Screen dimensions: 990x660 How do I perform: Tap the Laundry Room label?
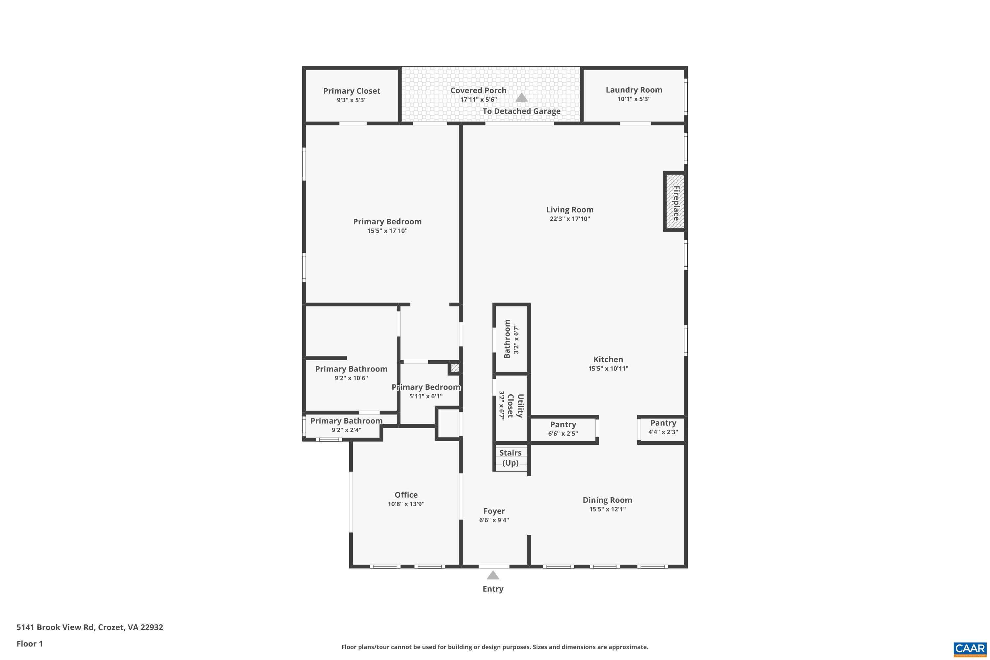[x=634, y=90]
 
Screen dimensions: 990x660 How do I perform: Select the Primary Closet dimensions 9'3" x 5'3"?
[x=351, y=100]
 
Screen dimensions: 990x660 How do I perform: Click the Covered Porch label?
[x=478, y=90]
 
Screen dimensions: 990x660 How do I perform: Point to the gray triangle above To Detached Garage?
[x=521, y=97]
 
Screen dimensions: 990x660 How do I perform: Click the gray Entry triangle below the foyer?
[x=493, y=575]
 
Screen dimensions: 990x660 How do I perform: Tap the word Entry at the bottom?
[x=493, y=589]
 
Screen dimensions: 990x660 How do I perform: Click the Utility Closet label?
[x=515, y=406]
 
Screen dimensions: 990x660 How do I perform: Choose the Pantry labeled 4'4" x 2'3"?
[x=663, y=427]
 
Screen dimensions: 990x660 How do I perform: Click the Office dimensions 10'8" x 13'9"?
[x=406, y=504]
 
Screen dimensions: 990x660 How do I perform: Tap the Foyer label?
[x=494, y=511]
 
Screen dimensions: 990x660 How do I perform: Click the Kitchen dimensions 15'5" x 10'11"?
[x=608, y=368]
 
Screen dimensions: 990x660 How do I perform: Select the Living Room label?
[x=570, y=210]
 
